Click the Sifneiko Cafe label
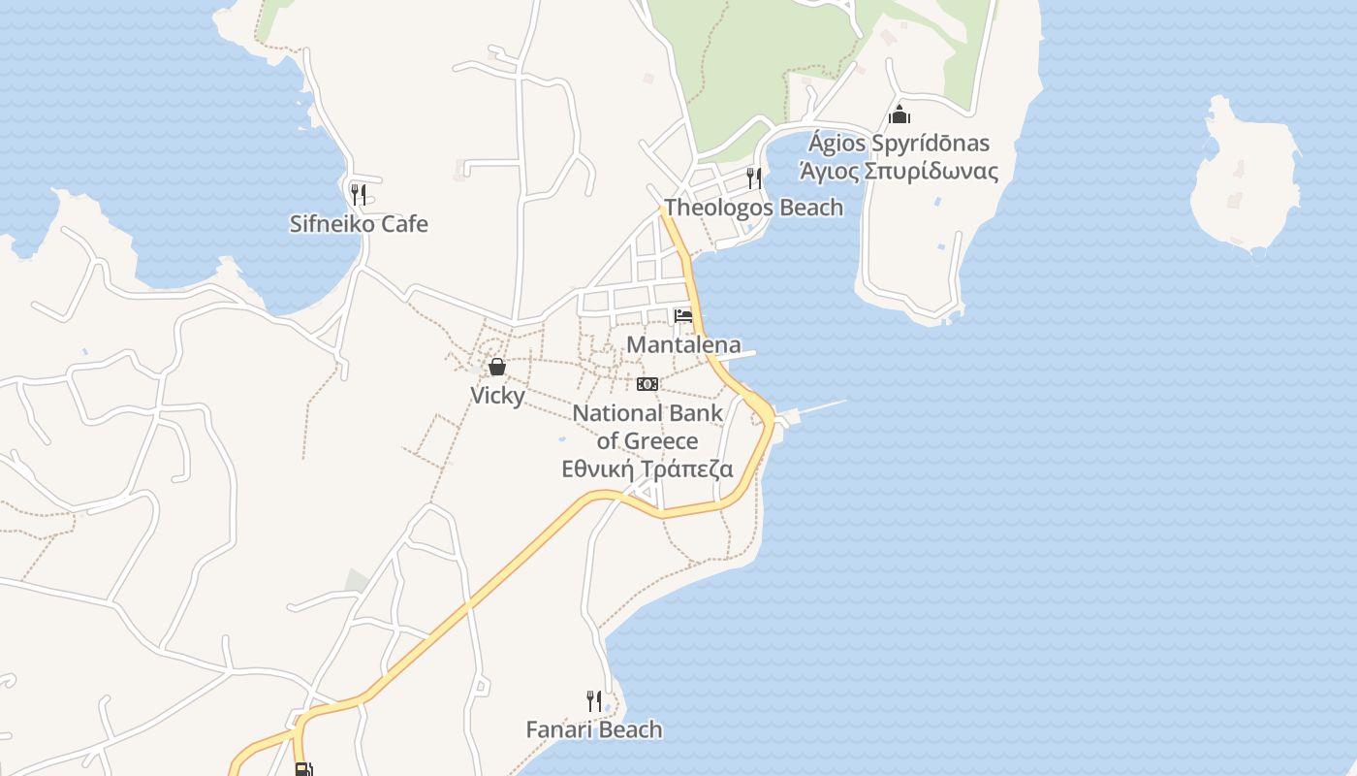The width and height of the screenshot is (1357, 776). pyautogui.click(x=359, y=224)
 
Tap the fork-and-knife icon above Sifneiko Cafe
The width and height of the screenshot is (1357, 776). pyautogui.click(x=359, y=193)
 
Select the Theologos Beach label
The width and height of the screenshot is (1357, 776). pyautogui.click(x=753, y=208)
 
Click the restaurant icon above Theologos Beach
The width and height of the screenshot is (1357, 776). pyautogui.click(x=753, y=178)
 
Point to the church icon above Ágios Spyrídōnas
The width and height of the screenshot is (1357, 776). pyautogui.click(x=899, y=114)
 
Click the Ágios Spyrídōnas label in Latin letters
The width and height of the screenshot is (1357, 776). pyautogui.click(x=899, y=144)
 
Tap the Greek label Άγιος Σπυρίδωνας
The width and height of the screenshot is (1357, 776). pyautogui.click(x=898, y=172)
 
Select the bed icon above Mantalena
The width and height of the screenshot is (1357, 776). pyautogui.click(x=683, y=315)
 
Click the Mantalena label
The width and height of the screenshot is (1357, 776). pyautogui.click(x=683, y=344)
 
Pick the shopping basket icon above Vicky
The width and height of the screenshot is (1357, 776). pyautogui.click(x=497, y=367)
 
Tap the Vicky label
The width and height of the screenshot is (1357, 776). pyautogui.click(x=497, y=396)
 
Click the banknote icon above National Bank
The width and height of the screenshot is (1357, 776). pyautogui.click(x=647, y=384)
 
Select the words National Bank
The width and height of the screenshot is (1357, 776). pyautogui.click(x=647, y=413)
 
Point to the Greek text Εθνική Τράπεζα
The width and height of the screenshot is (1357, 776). pyautogui.click(x=647, y=469)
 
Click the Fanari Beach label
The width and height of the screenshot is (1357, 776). pyautogui.click(x=594, y=729)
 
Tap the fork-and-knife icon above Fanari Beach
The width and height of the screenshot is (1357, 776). pyautogui.click(x=594, y=699)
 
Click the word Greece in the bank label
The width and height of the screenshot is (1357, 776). pyautogui.click(x=659, y=441)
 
